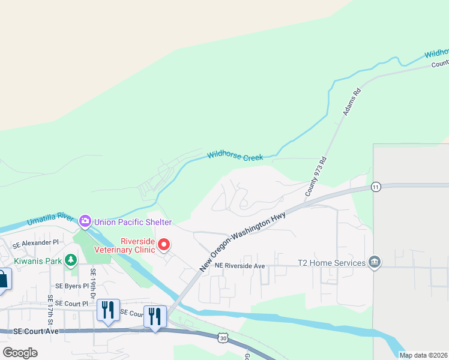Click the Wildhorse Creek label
[x=235, y=156]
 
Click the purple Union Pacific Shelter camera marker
[x=85, y=222]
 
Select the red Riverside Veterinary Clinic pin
[x=163, y=245]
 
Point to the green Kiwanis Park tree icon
[x=71, y=260]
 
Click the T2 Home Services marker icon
[x=375, y=263]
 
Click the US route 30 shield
[x=223, y=339]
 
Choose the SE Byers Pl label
[x=71, y=286]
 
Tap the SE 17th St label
[x=50, y=307]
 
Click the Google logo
[x=20, y=353]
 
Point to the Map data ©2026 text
[x=423, y=355]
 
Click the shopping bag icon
[x=2, y=280]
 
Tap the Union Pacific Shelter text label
[x=133, y=222]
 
